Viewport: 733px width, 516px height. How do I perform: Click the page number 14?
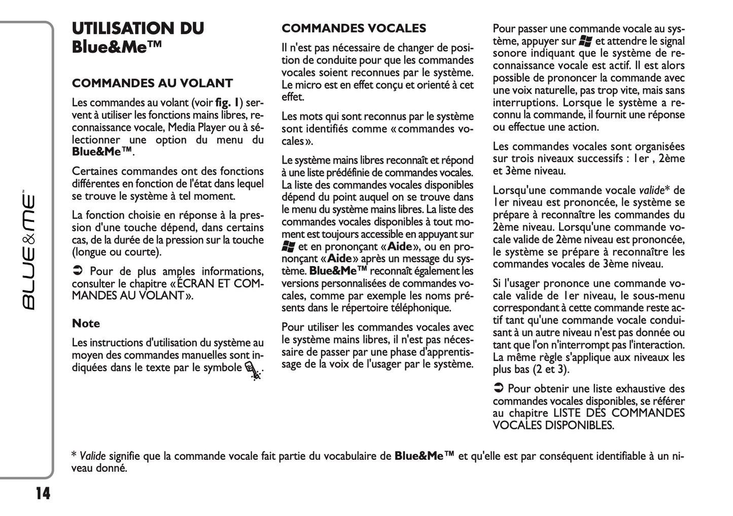pos(43,493)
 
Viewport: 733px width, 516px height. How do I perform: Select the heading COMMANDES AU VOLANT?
pos(152,83)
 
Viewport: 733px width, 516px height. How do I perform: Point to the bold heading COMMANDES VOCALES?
pos(354,28)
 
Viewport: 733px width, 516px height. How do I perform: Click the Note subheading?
pos(86,323)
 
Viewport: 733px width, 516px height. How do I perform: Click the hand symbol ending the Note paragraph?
pos(254,372)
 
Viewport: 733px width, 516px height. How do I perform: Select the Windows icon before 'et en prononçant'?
pos(288,247)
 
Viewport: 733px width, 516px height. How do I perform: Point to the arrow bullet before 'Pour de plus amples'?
pos(77,272)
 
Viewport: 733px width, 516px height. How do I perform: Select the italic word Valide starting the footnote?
pos(89,456)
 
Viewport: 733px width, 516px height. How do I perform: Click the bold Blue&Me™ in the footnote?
pos(424,456)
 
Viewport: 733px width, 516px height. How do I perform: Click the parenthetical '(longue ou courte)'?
pos(117,252)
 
